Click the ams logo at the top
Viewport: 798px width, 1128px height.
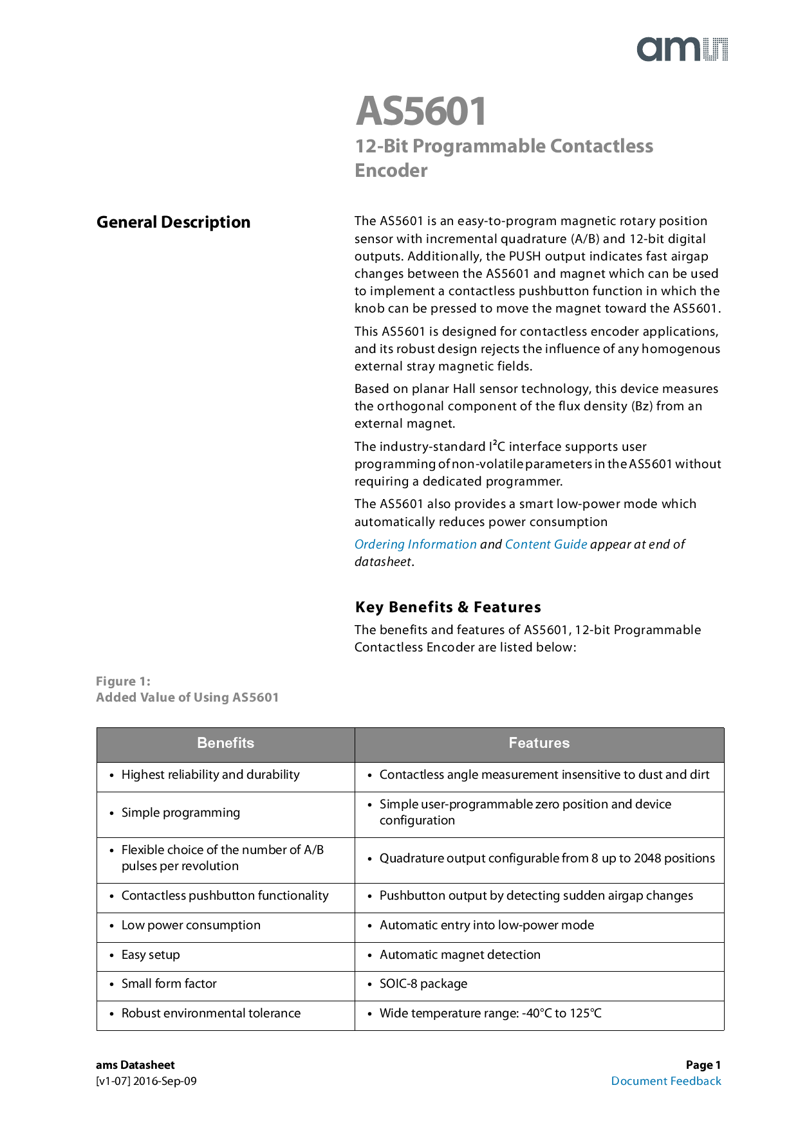click(x=682, y=50)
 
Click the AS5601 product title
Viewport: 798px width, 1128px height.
click(x=422, y=111)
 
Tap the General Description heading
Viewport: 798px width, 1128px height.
click(x=173, y=223)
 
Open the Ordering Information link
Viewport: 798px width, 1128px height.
click(x=415, y=544)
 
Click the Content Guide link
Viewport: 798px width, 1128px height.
click(x=546, y=544)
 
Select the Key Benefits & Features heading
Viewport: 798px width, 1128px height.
click(x=448, y=607)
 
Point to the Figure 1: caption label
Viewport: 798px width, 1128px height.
click(x=123, y=681)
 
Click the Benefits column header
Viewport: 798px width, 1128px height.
click(x=225, y=743)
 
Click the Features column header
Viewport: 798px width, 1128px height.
click(x=539, y=743)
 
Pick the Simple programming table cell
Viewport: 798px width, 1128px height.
click(x=181, y=813)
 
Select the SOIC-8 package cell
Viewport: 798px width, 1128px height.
click(x=423, y=984)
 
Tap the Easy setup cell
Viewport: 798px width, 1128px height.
click(x=151, y=955)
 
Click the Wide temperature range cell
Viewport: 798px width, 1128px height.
click(x=490, y=1014)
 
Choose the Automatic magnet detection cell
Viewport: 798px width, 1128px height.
click(x=459, y=955)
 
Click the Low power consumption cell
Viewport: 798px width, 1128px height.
click(x=190, y=925)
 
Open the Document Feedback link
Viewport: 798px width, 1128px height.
click(x=666, y=1081)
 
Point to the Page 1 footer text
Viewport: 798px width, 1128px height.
click(x=703, y=1065)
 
